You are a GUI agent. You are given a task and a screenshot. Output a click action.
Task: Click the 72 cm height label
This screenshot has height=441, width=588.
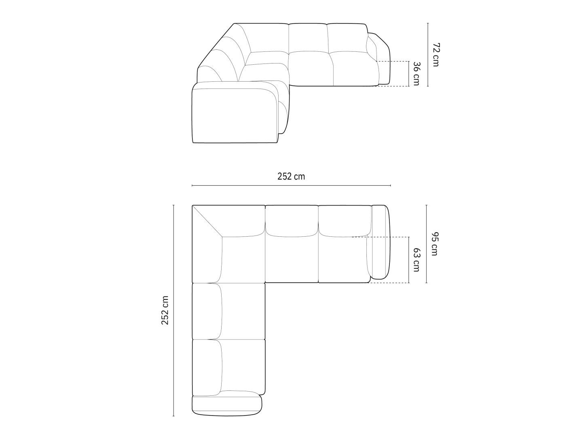tap(435, 55)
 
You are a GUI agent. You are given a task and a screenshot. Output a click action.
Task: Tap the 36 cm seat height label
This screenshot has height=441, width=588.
tap(416, 74)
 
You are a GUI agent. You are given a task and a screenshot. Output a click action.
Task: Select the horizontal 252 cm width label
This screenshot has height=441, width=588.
tap(291, 176)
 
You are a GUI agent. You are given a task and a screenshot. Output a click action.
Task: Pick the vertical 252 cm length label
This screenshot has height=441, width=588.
tap(165, 310)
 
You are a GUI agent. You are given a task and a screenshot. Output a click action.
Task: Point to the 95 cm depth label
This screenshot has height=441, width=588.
tap(434, 244)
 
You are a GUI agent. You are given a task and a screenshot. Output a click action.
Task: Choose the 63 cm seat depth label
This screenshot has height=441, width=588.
tap(416, 260)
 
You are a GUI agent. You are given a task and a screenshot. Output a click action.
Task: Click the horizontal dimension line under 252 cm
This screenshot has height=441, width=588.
tap(291, 186)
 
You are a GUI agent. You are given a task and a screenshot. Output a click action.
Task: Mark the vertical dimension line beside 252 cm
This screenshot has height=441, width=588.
tap(173, 310)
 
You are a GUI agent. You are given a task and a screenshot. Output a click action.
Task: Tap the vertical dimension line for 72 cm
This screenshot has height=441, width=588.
tap(427, 55)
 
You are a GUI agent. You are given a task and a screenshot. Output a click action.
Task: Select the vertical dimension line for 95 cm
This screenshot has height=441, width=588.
tap(426, 244)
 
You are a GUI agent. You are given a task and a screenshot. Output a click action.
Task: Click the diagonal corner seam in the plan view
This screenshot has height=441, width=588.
tap(207, 221)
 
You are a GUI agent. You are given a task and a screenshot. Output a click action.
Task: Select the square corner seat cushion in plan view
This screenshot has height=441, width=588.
tap(243, 259)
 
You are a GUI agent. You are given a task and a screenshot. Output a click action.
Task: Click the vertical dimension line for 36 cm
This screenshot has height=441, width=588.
tap(409, 74)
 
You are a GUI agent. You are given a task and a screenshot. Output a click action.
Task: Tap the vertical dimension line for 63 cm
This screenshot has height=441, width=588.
tap(409, 260)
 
